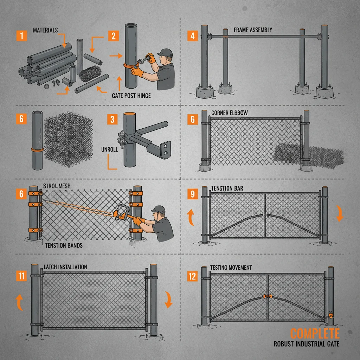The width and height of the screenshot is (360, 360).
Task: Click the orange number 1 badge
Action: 21,36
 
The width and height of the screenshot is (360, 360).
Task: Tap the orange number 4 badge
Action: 192,36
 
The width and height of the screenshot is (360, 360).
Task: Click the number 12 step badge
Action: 192,276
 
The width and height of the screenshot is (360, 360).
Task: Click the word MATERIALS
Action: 45,30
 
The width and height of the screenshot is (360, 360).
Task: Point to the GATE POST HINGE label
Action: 131,96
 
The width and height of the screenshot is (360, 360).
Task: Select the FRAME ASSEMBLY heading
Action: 253,30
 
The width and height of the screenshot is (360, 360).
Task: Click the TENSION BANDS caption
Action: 64,245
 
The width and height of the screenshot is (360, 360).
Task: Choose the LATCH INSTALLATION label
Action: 65,267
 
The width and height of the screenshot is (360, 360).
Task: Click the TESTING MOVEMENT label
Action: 231,268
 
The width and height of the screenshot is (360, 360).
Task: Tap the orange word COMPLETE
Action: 315,333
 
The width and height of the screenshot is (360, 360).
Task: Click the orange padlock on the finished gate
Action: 330,314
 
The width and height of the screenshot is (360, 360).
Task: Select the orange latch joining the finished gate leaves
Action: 268,297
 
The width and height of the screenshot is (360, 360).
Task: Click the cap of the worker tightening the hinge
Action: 165,53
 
